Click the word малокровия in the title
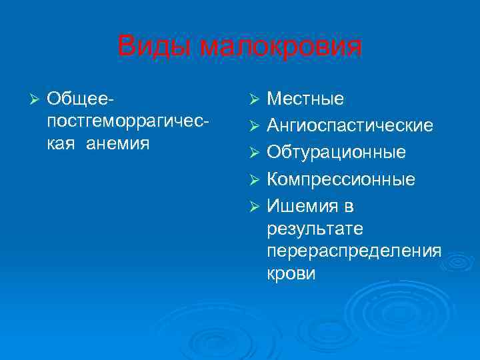[x=281, y=47]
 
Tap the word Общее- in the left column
[x=79, y=99]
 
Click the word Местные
[x=305, y=99]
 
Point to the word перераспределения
[x=354, y=251]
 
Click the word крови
[x=291, y=274]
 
